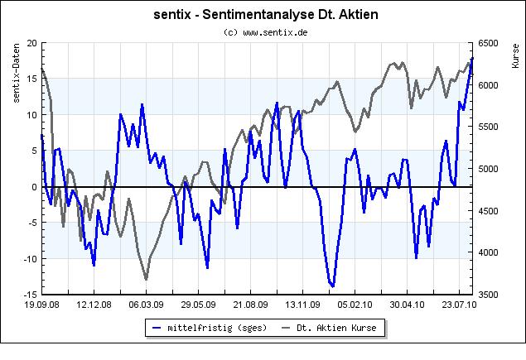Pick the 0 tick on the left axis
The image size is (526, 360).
pyautogui.click(x=33, y=187)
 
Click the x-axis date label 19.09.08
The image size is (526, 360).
pyautogui.click(x=41, y=305)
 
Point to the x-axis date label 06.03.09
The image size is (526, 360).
pyautogui.click(x=146, y=305)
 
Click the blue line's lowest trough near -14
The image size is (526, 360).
pyautogui.click(x=332, y=286)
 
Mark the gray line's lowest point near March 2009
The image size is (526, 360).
pyautogui.click(x=147, y=279)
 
